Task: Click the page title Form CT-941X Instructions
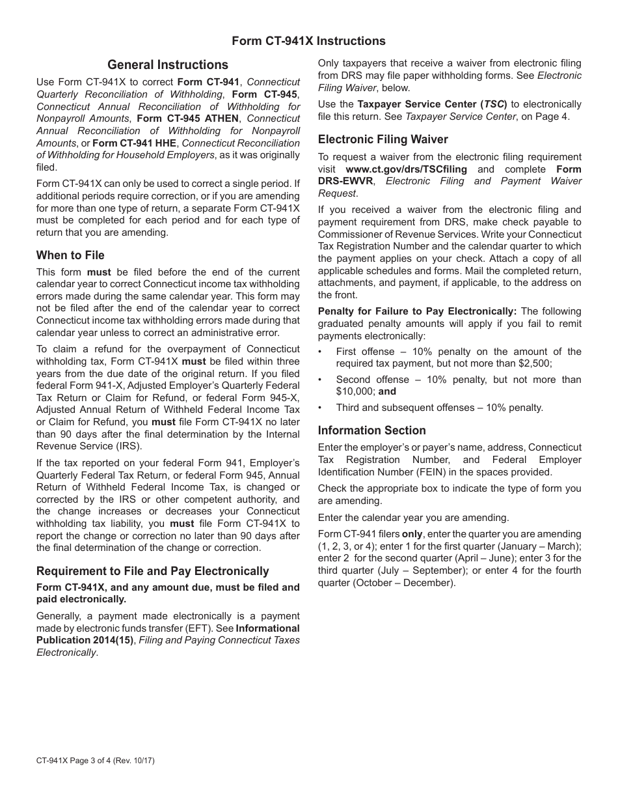(308, 41)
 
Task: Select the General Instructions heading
(168, 64)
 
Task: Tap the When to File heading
(70, 255)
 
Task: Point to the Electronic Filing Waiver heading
(383, 139)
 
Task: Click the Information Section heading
(371, 430)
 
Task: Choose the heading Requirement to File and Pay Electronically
(152, 571)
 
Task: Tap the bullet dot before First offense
(321, 352)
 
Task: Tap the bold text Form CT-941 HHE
(134, 143)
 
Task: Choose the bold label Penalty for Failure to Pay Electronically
(417, 311)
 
